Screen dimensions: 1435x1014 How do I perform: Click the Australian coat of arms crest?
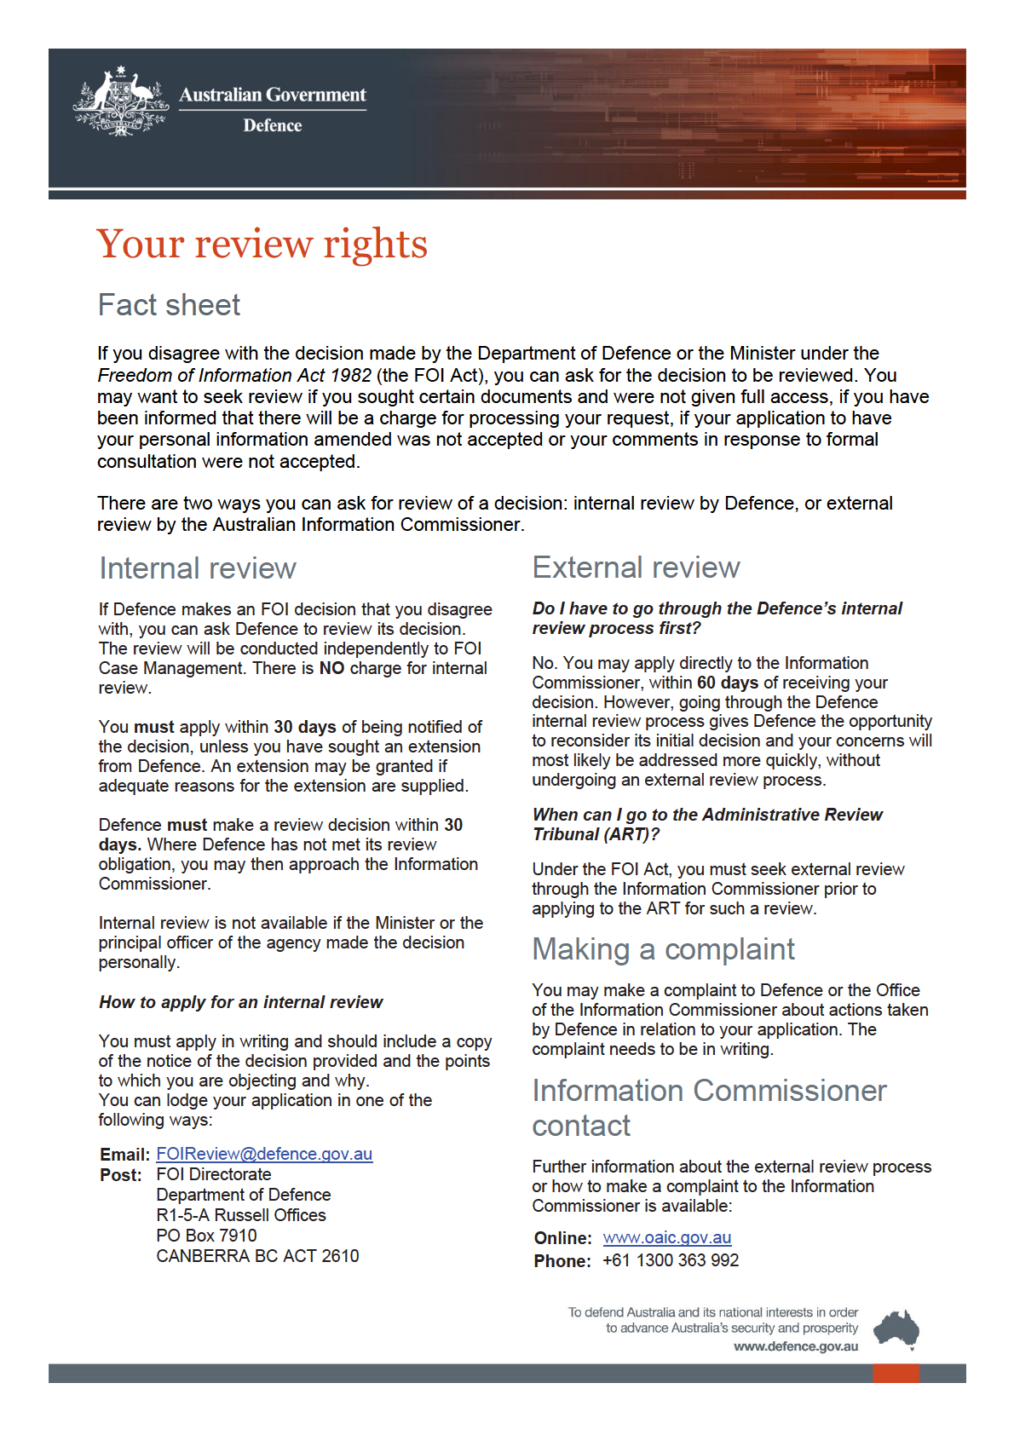pos(120,101)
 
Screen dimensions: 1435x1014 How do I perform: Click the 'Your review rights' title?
pos(262,245)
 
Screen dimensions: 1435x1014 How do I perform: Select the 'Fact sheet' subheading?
pos(169,305)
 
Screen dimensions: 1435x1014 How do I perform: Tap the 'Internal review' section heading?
pos(198,568)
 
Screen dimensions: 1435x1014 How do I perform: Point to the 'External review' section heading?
pos(636,568)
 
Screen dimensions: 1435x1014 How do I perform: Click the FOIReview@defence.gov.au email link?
pos(264,1154)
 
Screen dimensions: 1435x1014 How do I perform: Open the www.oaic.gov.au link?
pos(666,1237)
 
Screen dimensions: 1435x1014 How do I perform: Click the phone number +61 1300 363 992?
pos(671,1260)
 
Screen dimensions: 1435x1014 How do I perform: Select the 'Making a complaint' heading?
pos(663,949)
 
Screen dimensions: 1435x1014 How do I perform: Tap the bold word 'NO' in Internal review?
pos(331,668)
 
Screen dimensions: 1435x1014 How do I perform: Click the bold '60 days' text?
pos(727,683)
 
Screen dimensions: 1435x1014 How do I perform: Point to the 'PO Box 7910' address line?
pos(206,1236)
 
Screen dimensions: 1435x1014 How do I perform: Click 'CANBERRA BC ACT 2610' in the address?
pos(257,1256)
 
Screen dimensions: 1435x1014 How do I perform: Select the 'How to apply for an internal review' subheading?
pos(241,1002)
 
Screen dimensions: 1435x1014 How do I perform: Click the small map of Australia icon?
pos(896,1329)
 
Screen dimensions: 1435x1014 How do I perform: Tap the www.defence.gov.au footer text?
pos(796,1347)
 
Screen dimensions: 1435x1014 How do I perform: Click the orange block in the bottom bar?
pos(896,1373)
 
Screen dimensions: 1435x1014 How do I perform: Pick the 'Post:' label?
pos(121,1175)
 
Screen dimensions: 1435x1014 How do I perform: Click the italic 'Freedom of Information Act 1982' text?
pos(234,375)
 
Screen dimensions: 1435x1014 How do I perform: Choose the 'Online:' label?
pos(562,1238)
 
